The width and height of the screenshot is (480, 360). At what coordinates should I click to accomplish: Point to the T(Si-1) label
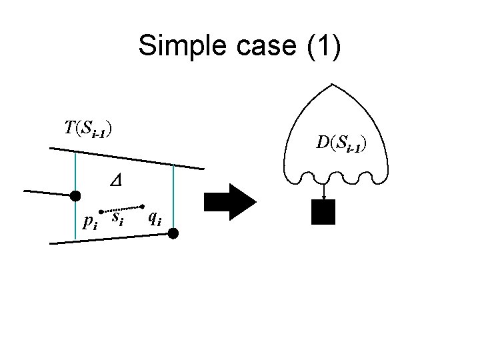[x=88, y=129]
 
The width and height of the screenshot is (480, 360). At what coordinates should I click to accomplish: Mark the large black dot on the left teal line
[x=76, y=195]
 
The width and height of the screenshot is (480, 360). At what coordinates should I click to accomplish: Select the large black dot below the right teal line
[x=173, y=233]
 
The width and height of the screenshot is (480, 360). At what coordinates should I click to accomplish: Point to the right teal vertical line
[x=173, y=193]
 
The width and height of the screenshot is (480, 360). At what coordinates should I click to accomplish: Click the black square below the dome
[x=323, y=211]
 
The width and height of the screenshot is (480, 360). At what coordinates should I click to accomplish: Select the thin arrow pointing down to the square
[x=323, y=191]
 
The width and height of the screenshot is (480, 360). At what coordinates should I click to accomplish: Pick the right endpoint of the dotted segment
[x=143, y=205]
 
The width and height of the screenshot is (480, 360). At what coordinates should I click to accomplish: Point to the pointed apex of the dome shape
[x=331, y=85]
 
